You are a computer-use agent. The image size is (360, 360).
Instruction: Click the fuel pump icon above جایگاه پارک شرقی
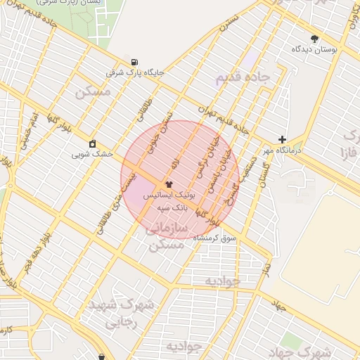pyautogui.click(x=134, y=61)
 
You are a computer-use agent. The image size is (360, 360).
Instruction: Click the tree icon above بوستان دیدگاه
pyautogui.click(x=314, y=39)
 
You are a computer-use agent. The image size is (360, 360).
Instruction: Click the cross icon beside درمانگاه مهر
pyautogui.click(x=283, y=140)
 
